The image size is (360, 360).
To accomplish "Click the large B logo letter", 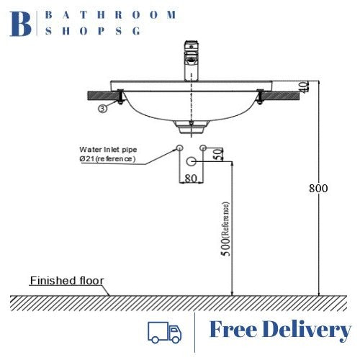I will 22,24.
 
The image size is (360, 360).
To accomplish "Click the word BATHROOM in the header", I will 111,14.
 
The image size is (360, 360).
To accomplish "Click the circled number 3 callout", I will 103,109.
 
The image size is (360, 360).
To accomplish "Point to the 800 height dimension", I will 318,189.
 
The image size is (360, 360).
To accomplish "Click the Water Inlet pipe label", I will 107,150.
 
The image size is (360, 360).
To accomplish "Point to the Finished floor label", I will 66,281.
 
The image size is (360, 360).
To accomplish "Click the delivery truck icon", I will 164,331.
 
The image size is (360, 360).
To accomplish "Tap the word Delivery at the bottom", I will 306,330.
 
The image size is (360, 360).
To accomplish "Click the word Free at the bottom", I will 232,330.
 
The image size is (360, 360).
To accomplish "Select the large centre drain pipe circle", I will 191,160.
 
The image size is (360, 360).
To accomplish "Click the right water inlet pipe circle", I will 204,148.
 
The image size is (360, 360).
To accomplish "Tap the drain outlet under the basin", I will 191,127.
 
